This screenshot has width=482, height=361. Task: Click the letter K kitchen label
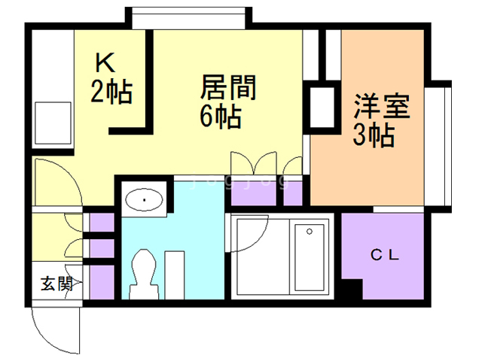coord(105,61)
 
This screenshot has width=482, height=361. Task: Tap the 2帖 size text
coord(112,93)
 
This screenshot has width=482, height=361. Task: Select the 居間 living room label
coord(228,88)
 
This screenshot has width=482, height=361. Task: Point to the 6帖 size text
coord(220,117)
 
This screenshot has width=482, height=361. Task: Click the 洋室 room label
coord(383,106)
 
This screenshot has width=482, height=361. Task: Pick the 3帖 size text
coord(374,136)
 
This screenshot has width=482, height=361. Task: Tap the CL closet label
coord(385,254)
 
